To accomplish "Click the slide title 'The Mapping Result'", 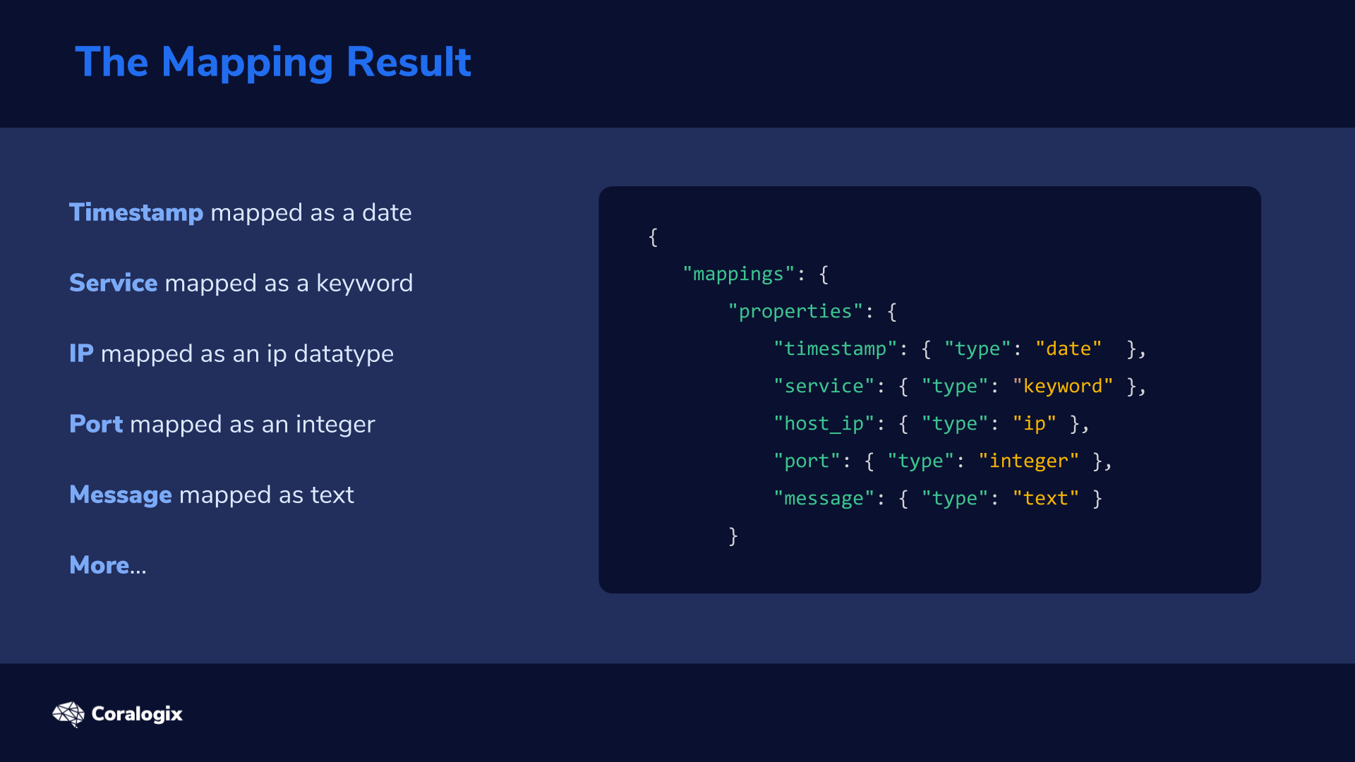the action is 273,62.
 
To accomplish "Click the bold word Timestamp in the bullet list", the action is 136,212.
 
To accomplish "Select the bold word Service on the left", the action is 114,283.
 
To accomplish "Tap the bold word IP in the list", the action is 81,353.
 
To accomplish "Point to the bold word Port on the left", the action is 96,424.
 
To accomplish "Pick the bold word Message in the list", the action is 121,495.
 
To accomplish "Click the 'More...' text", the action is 108,565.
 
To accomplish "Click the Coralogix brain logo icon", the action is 68,714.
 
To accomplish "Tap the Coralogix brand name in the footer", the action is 137,714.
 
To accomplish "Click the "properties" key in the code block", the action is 795,312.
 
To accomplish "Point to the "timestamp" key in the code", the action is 836,349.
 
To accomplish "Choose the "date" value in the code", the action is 1068,349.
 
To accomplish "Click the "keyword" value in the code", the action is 1063,386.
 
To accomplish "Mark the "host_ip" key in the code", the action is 824,423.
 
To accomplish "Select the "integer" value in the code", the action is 1029,461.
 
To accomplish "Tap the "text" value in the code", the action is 1046,498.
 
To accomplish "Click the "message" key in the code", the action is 824,498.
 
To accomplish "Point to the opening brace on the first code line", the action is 653,237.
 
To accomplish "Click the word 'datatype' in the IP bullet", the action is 344,354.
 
